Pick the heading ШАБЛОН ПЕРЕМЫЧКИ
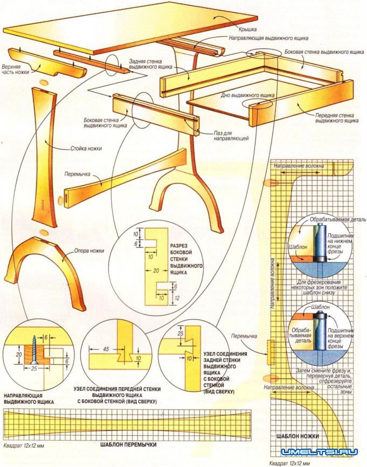point(128,445)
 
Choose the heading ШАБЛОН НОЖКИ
point(298,435)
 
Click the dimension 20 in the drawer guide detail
point(18,356)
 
